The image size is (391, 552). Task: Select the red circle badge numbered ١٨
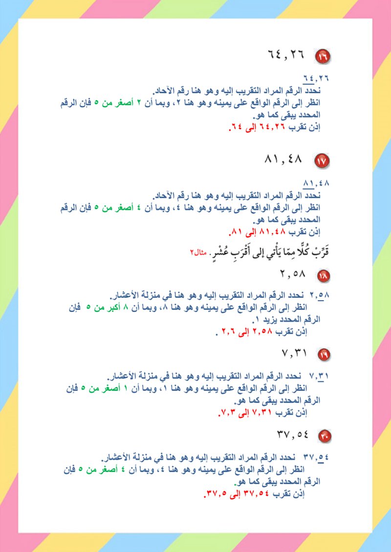coord(324,276)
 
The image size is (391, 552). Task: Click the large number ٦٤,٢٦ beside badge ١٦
coord(286,54)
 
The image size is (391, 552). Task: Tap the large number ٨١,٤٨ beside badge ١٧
coord(283,159)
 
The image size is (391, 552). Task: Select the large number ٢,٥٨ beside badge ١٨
coord(293,274)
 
